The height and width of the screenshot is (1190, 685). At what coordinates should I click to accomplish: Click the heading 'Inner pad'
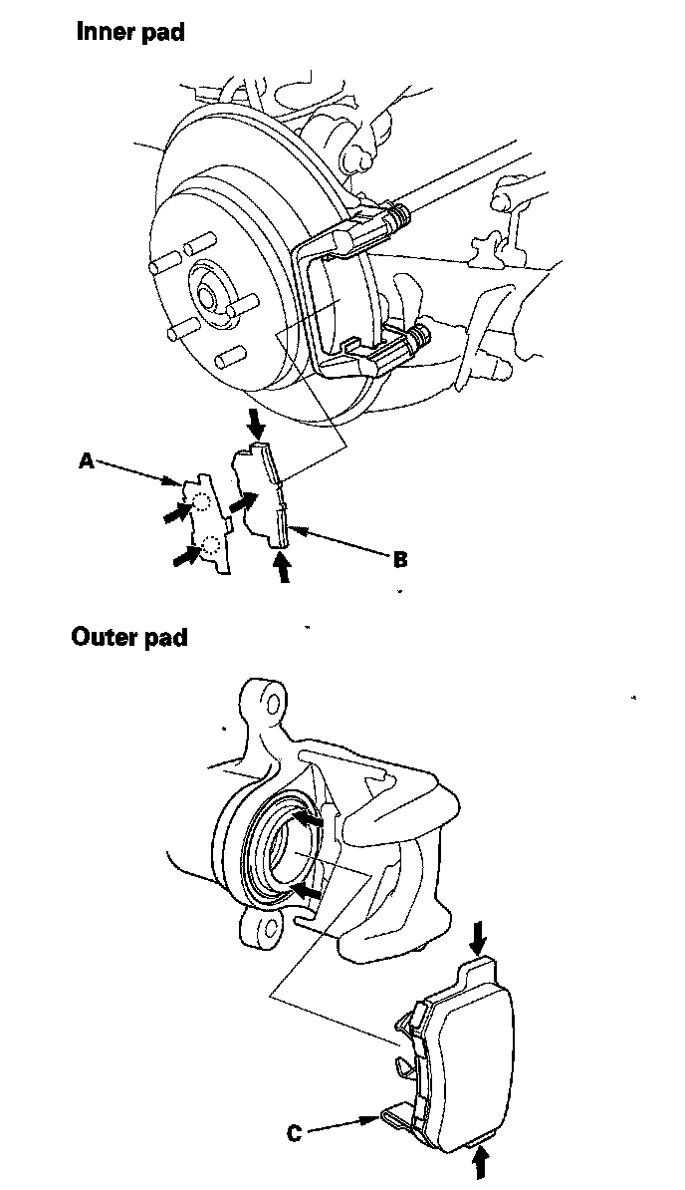(130, 32)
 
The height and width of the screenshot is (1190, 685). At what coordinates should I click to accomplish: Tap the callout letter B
(400, 559)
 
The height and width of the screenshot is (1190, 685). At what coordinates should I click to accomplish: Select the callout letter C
(295, 1133)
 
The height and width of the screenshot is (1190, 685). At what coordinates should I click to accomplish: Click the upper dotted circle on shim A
(201, 502)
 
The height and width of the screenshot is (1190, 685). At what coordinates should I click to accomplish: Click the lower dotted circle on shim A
(210, 544)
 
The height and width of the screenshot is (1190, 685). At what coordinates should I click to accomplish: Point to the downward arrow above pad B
(257, 426)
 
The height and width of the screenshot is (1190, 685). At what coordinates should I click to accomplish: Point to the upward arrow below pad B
(284, 567)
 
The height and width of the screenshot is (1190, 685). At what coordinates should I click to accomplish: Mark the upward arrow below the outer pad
(483, 1162)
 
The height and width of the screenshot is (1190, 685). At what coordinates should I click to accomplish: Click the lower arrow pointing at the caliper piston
(309, 887)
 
